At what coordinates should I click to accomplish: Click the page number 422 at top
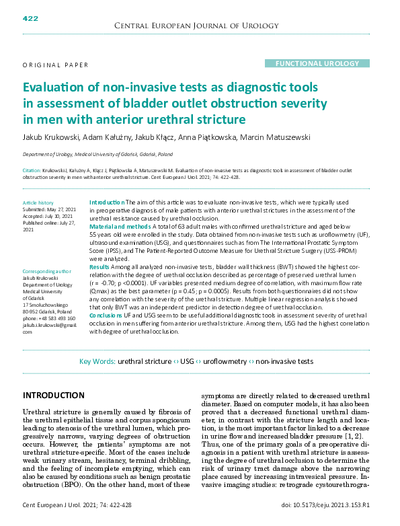(x=30, y=18)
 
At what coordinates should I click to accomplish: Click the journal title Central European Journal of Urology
(x=197, y=26)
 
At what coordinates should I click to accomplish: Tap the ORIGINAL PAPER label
(x=55, y=65)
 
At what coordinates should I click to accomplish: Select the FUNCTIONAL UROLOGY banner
(x=313, y=63)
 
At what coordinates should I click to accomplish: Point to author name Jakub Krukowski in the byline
(x=50, y=137)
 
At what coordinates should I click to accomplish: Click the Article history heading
(x=38, y=202)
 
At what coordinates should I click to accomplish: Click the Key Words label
(x=97, y=361)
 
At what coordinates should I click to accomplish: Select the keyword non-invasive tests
(x=284, y=361)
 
